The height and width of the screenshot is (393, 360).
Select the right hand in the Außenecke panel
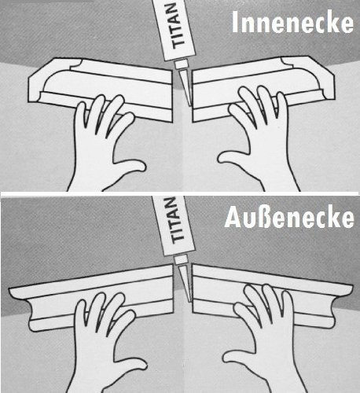point(259,330)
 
